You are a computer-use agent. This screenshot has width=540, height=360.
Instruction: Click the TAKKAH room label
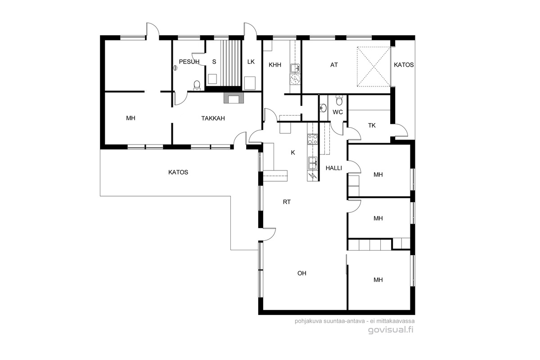pyautogui.click(x=213, y=118)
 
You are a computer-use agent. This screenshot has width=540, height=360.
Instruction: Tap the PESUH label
pyautogui.click(x=189, y=62)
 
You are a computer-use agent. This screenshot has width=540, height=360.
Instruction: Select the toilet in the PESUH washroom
pyautogui.click(x=197, y=85)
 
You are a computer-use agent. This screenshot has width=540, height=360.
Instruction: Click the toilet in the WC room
pyautogui.click(x=339, y=100)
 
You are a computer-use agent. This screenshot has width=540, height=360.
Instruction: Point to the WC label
pyautogui.click(x=337, y=112)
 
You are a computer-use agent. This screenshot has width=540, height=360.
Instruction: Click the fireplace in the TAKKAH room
pyautogui.click(x=234, y=98)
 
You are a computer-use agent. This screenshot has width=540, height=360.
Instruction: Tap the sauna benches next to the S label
pyautogui.click(x=231, y=63)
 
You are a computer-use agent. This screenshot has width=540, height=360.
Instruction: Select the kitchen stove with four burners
pyautogui.click(x=312, y=139)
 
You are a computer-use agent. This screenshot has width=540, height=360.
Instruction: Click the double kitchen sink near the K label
pyautogui.click(x=312, y=163)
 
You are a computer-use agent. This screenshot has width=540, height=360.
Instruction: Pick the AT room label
pyautogui.click(x=334, y=65)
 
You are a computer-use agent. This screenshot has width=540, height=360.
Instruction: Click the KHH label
pyautogui.click(x=275, y=65)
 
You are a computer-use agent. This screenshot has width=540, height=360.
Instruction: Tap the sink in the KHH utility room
pyautogui.click(x=295, y=68)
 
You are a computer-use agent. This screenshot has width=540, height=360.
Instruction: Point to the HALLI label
pyautogui.click(x=334, y=168)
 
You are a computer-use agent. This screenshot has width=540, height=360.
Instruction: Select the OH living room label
pyautogui.click(x=302, y=273)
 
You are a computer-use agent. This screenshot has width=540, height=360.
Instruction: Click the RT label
pyautogui.click(x=287, y=202)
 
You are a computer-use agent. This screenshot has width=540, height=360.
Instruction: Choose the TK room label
pyautogui.click(x=372, y=126)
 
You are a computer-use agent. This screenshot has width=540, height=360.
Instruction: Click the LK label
pyautogui.click(x=251, y=62)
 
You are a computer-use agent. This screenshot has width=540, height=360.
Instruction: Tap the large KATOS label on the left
pyautogui.click(x=178, y=172)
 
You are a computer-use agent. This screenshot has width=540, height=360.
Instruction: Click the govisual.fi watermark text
pyautogui.click(x=391, y=330)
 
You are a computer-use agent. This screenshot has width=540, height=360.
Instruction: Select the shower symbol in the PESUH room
pyautogui.click(x=175, y=68)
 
